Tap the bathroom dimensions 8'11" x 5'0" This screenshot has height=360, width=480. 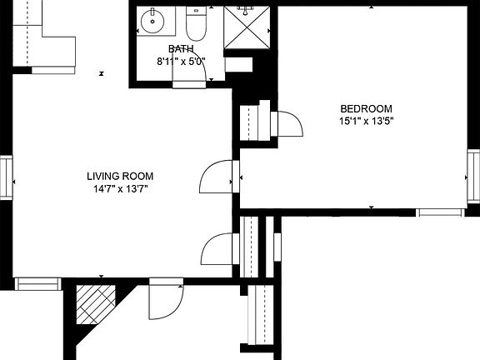pyautogui.click(x=181, y=61)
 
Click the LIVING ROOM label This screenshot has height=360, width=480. pyautogui.click(x=120, y=176)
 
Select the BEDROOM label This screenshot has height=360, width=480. pyautogui.click(x=365, y=108)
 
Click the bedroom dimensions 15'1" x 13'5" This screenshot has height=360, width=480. pyautogui.click(x=365, y=121)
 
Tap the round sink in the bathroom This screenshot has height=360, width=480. pyautogui.click(x=151, y=20)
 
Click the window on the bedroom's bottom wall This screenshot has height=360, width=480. pyautogui.click(x=441, y=212)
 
